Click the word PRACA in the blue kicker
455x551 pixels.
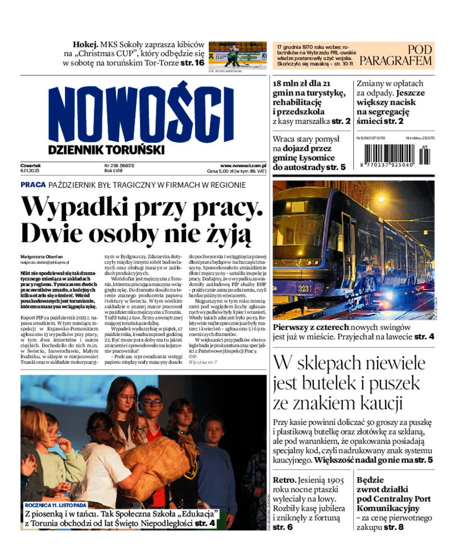pos(33,185)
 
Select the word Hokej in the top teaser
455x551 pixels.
pos(85,44)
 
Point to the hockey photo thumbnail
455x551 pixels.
pos(237,55)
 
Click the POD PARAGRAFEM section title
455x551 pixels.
pos(396,55)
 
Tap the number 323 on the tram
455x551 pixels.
pos(303,288)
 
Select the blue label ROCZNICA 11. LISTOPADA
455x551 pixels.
pos(55,505)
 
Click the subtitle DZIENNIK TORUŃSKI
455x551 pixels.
pos(106,150)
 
